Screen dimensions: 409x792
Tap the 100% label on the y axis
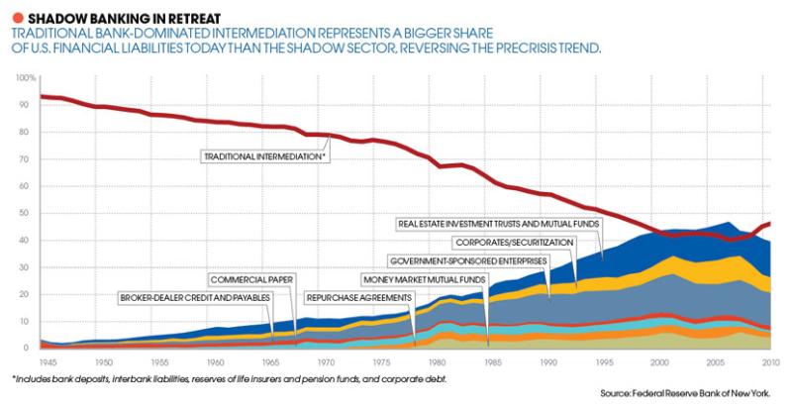coord(26,77)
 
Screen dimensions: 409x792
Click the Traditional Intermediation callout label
coord(264,156)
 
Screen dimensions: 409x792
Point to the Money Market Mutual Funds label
coord(421,279)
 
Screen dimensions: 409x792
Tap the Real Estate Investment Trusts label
coord(497,223)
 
